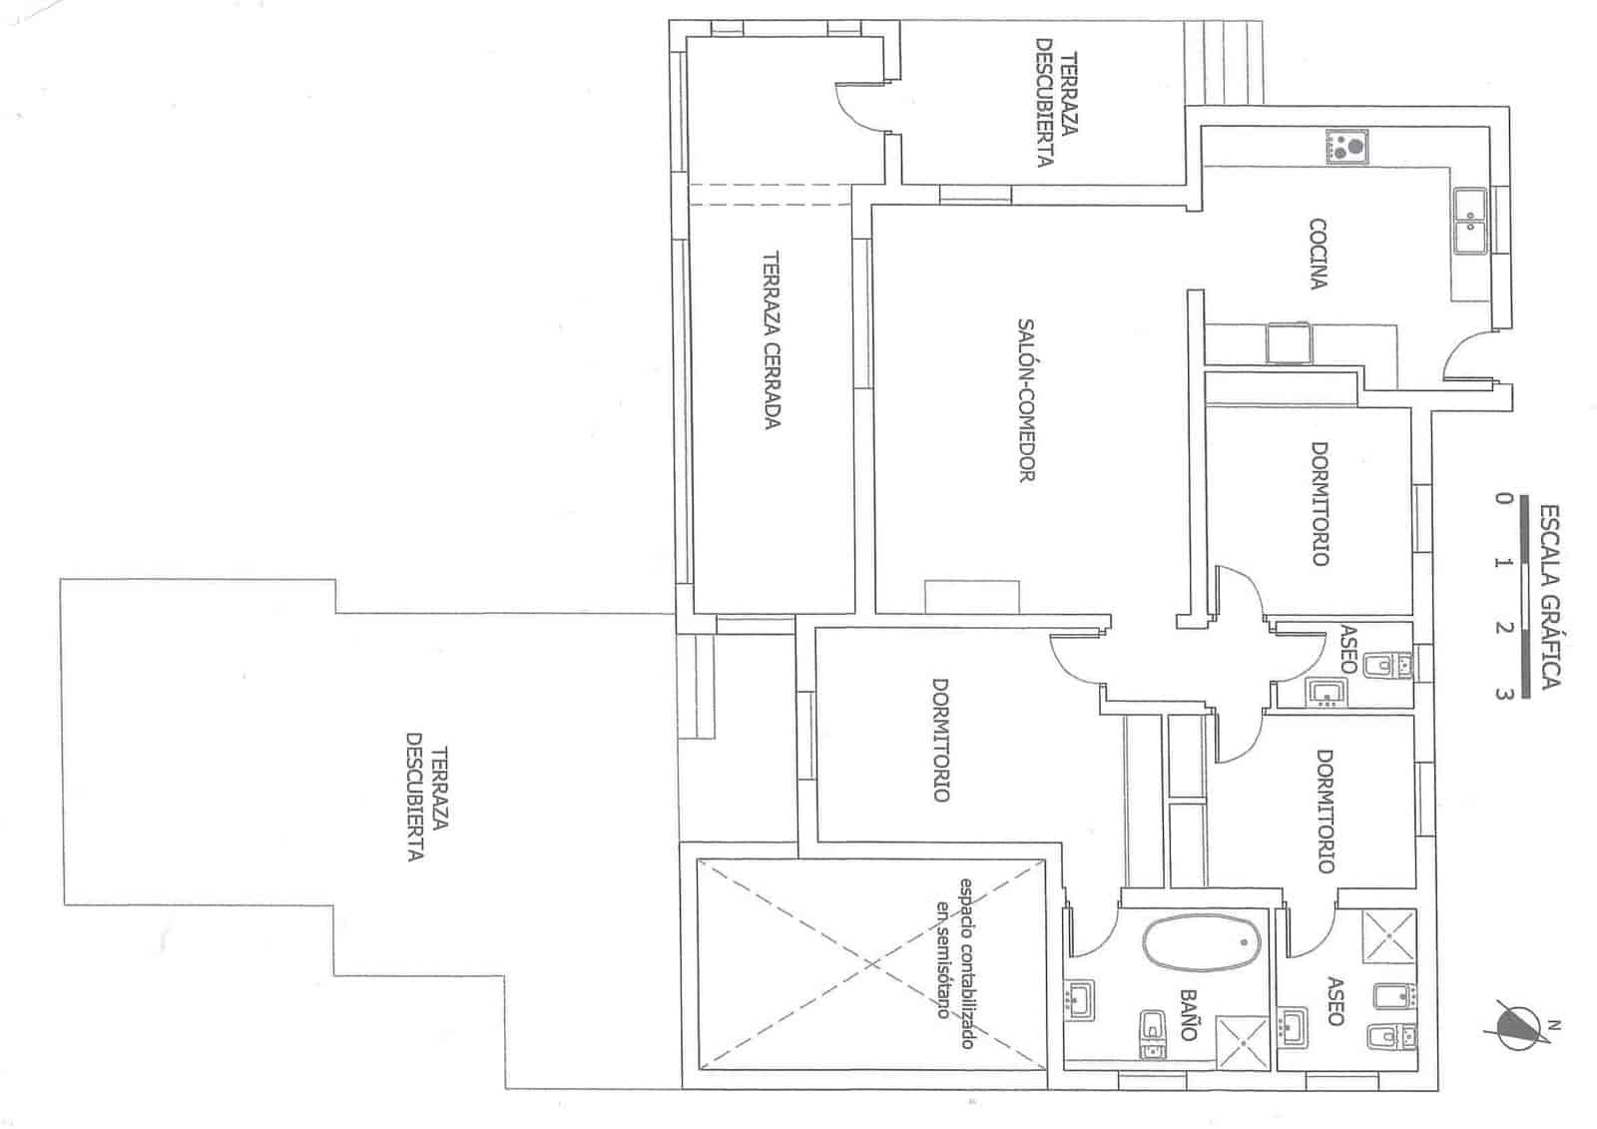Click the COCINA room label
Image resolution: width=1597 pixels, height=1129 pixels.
(x=1319, y=254)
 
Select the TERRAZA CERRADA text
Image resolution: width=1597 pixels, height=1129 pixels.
(x=772, y=339)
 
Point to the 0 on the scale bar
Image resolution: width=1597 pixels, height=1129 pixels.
(x=1503, y=497)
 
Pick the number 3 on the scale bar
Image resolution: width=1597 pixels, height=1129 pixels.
(x=1503, y=693)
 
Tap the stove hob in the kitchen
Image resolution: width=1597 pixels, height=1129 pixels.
(x=1346, y=147)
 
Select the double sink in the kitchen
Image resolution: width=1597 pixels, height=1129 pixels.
(x=1470, y=221)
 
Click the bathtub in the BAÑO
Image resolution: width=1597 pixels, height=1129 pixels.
(x=1202, y=943)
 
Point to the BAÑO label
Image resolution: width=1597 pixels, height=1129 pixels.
(x=1188, y=1015)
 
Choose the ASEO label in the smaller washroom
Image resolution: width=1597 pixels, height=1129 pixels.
(x=1347, y=649)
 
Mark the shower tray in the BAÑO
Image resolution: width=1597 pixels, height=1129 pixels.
(x=1243, y=1043)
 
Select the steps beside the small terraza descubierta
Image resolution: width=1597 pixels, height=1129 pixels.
(x=1224, y=62)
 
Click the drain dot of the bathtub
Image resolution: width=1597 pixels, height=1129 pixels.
(x=1244, y=942)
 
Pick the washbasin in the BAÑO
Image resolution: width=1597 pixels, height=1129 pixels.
(x=1080, y=1000)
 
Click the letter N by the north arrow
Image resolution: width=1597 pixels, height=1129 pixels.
(x=1555, y=1025)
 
